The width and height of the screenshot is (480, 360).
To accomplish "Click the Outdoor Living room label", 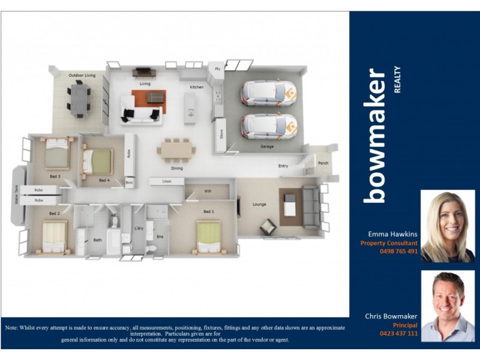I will click(x=82, y=75).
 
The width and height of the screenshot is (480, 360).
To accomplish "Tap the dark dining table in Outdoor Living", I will click(x=79, y=98).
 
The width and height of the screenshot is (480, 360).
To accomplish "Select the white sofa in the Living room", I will click(x=140, y=114).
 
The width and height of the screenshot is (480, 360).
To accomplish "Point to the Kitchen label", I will click(x=197, y=87).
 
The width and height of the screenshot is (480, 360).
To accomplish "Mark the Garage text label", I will click(x=267, y=146).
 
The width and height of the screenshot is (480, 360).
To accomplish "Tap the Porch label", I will click(x=323, y=163).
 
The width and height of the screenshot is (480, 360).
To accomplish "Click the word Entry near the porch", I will click(x=283, y=166).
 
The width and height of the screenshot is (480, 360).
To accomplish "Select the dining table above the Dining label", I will click(x=176, y=148).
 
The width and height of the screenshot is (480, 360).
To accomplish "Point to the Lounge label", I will click(x=259, y=204).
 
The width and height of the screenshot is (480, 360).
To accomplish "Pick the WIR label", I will click(x=208, y=191).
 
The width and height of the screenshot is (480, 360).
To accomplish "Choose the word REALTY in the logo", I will click(x=397, y=80).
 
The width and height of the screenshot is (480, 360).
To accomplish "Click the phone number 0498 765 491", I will click(x=398, y=251).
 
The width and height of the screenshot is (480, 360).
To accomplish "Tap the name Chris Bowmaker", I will click(x=391, y=316).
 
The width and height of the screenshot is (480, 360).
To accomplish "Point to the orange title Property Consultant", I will click(x=389, y=243).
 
